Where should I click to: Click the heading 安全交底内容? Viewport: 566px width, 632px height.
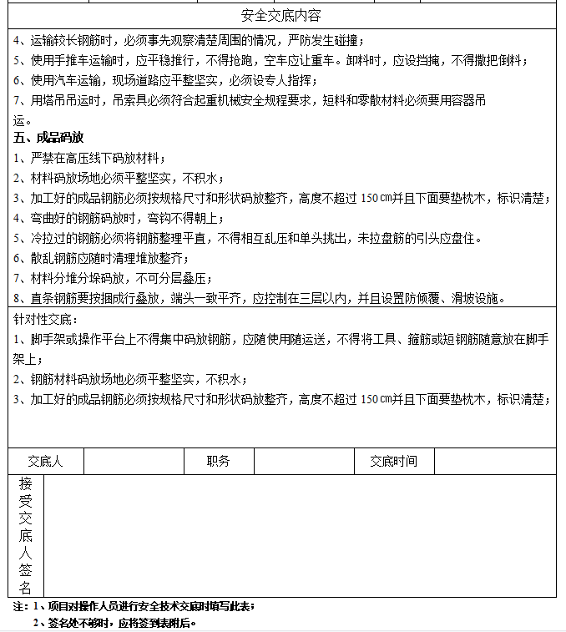[280, 16]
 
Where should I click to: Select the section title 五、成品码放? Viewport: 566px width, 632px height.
[48, 137]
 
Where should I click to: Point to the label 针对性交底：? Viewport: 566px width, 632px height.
[45, 319]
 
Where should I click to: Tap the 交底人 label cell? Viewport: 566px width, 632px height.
[45, 461]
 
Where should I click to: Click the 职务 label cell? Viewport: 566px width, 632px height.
[218, 461]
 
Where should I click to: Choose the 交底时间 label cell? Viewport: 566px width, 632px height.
[393, 461]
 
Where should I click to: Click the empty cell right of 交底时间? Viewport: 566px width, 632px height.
[494, 461]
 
